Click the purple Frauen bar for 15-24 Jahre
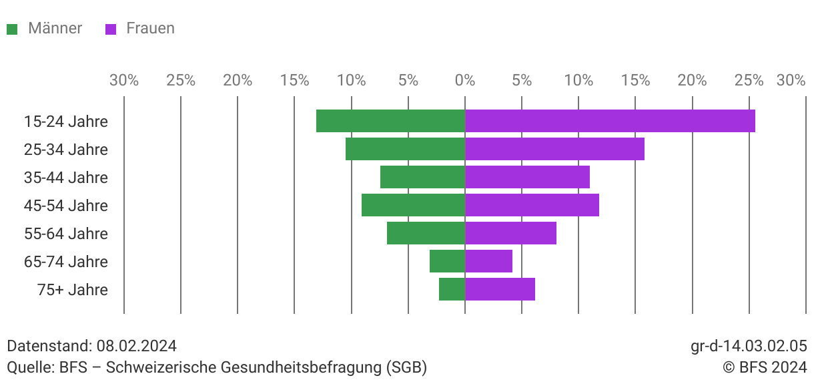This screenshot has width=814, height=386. (610, 121)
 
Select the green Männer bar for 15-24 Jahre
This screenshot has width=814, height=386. (390, 121)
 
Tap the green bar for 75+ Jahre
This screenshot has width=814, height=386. (452, 289)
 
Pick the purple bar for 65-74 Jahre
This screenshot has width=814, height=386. (488, 261)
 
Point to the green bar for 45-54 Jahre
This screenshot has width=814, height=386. (413, 205)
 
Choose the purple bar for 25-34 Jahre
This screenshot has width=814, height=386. (554, 149)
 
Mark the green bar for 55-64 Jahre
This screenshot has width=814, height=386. (426, 233)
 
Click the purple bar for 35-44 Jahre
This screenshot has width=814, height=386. (527, 177)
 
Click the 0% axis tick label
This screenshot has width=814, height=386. (464, 81)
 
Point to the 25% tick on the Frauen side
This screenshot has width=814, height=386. (749, 81)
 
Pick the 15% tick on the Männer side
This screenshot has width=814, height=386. (294, 81)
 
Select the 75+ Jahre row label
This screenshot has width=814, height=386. (73, 290)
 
